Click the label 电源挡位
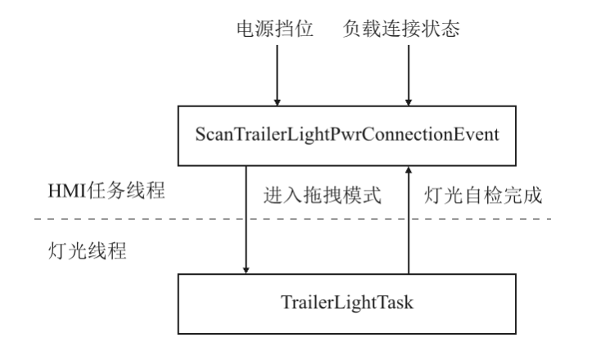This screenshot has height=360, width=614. point(275,29)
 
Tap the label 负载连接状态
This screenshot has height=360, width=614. point(401,29)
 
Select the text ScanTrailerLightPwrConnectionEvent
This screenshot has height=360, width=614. point(347,135)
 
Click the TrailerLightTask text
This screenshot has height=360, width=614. point(347,303)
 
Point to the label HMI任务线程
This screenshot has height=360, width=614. point(106,191)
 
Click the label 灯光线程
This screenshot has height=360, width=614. point(87,250)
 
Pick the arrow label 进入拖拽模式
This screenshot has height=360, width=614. point(323,195)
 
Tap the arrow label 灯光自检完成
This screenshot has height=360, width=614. point(483,195)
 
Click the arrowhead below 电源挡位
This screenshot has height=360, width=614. point(278,102)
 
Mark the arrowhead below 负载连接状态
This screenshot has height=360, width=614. point(409,102)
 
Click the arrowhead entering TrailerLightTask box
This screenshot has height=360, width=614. point(246,270)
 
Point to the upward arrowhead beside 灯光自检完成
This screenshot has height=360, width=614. point(409,169)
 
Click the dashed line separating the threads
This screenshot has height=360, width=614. point(293,219)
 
